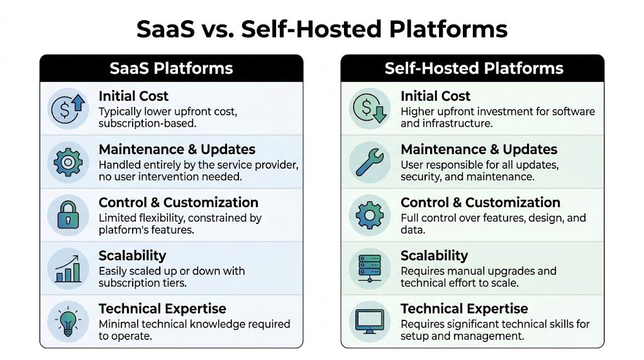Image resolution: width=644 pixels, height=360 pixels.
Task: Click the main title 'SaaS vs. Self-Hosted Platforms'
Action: [x=322, y=29]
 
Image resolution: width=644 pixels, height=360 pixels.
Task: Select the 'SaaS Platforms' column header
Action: [x=171, y=68]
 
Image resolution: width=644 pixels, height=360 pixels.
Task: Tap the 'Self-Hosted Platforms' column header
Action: [x=474, y=68]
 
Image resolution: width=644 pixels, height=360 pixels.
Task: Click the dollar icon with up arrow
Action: [x=67, y=109]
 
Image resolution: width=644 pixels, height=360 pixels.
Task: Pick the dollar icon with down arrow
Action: [x=369, y=109]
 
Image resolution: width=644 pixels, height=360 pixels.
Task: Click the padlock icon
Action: [x=67, y=215]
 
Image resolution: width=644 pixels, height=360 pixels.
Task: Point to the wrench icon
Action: [x=369, y=162]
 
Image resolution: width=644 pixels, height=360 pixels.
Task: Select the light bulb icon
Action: [x=67, y=321]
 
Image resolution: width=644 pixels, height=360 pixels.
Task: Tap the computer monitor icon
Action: [x=369, y=321]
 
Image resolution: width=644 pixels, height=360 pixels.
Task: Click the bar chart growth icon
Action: [x=67, y=268]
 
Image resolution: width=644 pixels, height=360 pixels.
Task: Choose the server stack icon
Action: [x=369, y=268]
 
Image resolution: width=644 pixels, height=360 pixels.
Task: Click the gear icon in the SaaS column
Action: [x=67, y=162]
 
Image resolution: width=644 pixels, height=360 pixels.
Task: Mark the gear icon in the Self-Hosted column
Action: [x=369, y=215]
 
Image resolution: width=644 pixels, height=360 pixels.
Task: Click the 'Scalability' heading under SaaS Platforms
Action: [x=132, y=256]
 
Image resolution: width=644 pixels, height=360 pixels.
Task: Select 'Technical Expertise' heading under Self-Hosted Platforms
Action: [x=464, y=308]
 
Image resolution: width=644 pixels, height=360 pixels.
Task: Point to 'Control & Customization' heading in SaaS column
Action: [x=179, y=203]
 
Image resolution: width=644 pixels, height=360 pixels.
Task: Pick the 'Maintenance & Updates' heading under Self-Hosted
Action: [x=479, y=150]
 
